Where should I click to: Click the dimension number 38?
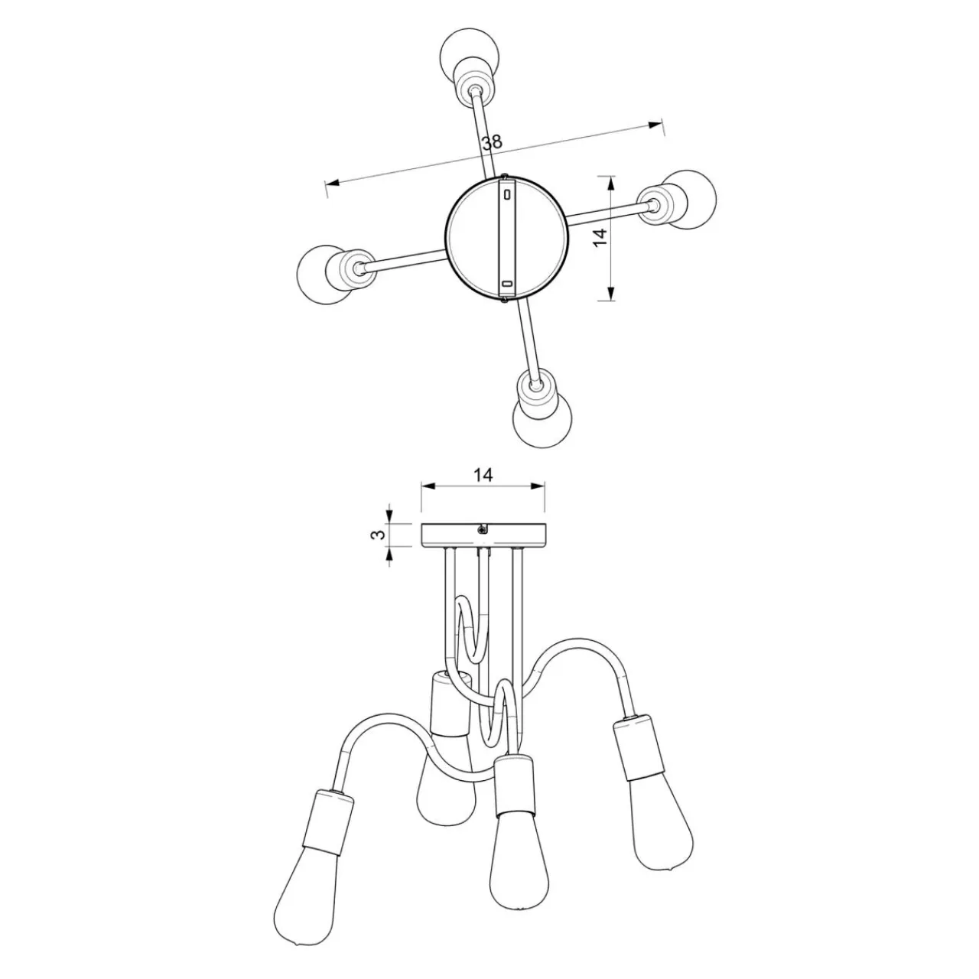[x=493, y=142]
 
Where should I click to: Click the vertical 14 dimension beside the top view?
[x=600, y=237]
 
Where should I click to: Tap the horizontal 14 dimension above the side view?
[x=483, y=475]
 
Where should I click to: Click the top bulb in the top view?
[x=469, y=52]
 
